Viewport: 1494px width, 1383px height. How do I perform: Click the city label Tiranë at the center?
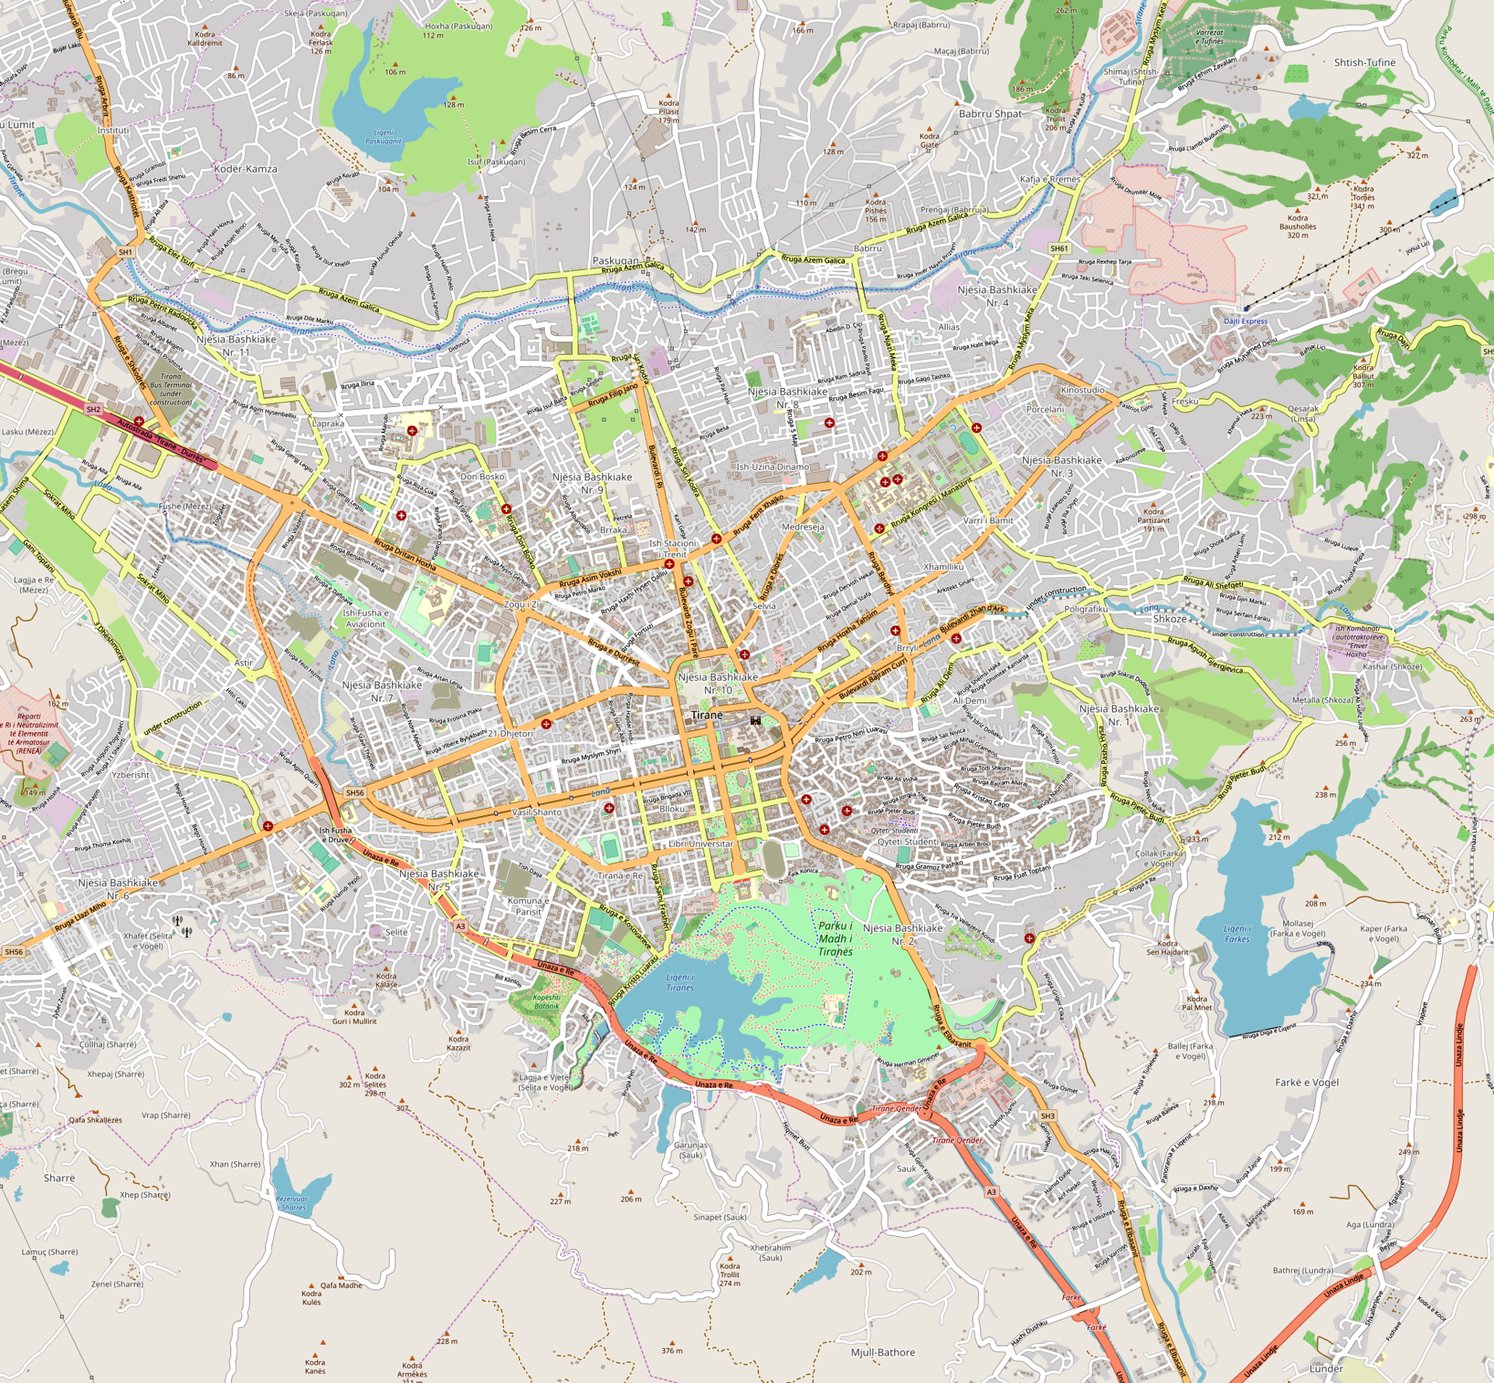[x=707, y=715]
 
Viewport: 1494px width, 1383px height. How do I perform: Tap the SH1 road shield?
[x=126, y=253]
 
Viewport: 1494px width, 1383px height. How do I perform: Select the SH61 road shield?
[x=1059, y=249]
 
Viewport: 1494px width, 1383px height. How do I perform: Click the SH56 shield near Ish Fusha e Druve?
[x=355, y=793]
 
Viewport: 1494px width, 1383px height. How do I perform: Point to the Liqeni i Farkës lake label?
[x=1236, y=933]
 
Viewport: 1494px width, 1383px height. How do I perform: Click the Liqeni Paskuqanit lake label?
[x=384, y=137]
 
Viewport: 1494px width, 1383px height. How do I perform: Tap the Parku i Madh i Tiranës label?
[x=835, y=938]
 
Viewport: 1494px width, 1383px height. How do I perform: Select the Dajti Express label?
[x=1245, y=321]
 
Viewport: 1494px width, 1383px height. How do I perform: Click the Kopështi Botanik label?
[x=546, y=1002]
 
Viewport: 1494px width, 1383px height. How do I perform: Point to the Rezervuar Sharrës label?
[x=293, y=1203]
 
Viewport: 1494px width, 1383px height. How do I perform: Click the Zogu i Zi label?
[x=521, y=604]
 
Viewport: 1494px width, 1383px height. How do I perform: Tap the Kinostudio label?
[x=1082, y=390]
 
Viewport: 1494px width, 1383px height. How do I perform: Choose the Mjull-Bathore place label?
[x=882, y=1353]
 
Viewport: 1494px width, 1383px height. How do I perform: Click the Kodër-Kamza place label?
[x=245, y=169]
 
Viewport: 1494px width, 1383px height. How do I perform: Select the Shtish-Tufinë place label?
[x=1364, y=62]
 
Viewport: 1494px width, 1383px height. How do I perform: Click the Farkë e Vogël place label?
[x=1306, y=1082]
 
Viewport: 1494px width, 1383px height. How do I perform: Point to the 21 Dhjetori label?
[x=510, y=734]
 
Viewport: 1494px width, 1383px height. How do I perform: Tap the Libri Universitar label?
[x=700, y=843]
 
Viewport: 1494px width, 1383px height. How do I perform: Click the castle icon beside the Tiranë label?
[x=755, y=720]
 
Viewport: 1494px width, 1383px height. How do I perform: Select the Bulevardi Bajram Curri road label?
[x=872, y=680]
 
